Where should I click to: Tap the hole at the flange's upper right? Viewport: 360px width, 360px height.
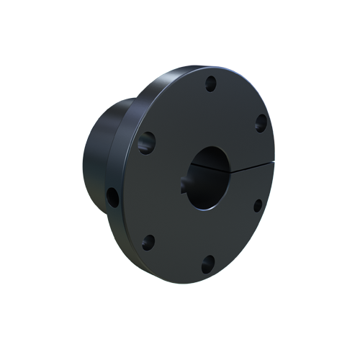tap(261, 123)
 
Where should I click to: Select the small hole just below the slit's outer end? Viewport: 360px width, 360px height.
tap(258, 204)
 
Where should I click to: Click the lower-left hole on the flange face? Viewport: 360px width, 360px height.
tap(148, 242)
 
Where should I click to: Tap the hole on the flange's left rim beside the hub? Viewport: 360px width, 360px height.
tap(112, 196)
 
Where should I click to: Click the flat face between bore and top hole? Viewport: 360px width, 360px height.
tap(209, 115)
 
